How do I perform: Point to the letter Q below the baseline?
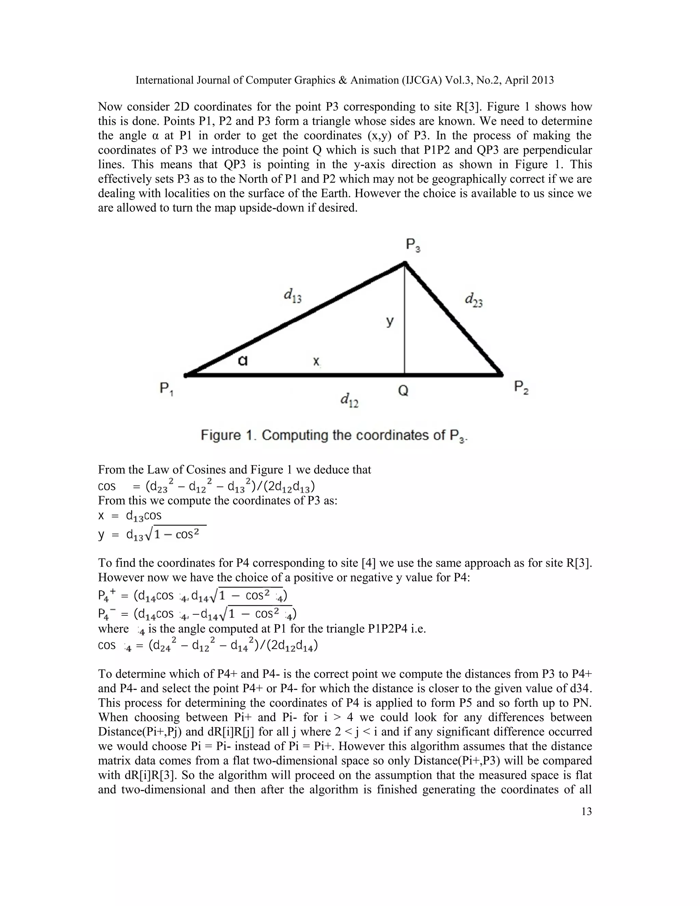pos(403,390)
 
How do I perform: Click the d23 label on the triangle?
pos(474,299)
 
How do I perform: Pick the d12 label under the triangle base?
pos(349,400)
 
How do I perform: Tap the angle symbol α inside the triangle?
pos(243,361)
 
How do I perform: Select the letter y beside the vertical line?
pos(389,321)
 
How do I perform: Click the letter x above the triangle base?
pos(316,361)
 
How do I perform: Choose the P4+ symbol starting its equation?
pos(106,596)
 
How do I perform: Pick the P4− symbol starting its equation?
pos(106,614)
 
